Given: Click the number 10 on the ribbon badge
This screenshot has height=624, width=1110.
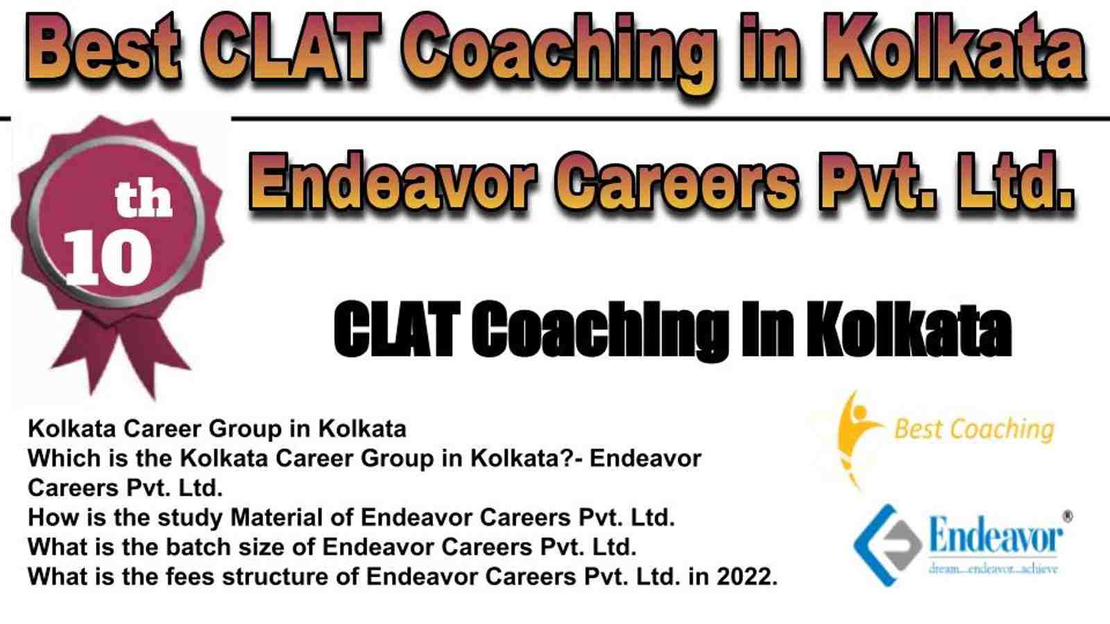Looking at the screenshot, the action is [x=108, y=259].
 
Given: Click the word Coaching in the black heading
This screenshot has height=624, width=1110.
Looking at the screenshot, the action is [x=599, y=329].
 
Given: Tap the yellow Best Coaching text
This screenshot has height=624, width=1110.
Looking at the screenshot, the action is [x=974, y=429].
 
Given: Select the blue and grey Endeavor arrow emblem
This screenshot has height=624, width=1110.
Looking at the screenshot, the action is [x=887, y=545].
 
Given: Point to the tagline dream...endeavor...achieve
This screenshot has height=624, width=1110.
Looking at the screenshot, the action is [x=993, y=569].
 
